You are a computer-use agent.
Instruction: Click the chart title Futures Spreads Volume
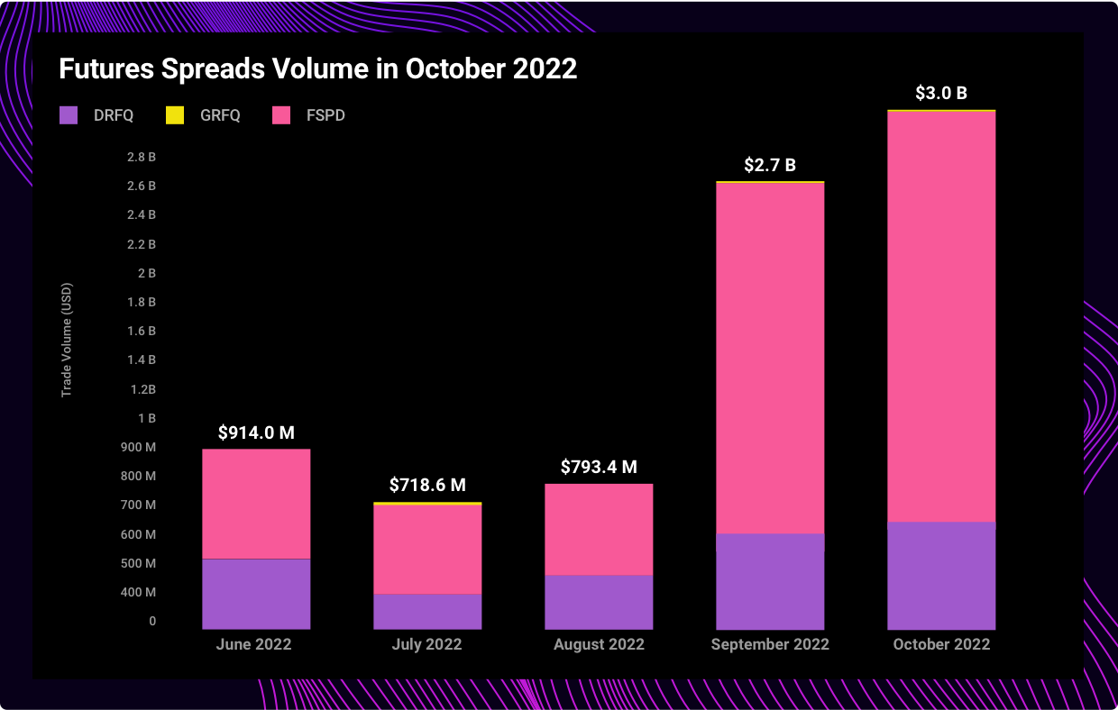click(317, 69)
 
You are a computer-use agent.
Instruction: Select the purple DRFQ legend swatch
click(69, 115)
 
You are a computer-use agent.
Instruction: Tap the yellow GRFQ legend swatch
click(175, 115)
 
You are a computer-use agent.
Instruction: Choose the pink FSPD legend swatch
click(281, 115)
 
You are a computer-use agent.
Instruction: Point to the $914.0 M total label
click(256, 432)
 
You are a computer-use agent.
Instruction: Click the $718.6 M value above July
click(427, 485)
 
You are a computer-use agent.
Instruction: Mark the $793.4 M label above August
click(599, 467)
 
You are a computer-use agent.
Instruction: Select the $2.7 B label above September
click(770, 165)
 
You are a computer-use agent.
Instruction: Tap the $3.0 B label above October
click(941, 93)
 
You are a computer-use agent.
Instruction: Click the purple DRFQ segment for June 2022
click(256, 594)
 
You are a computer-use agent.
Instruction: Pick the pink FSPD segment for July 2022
click(427, 549)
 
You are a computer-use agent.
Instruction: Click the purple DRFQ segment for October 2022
click(941, 576)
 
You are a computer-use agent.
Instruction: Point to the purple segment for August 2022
click(599, 602)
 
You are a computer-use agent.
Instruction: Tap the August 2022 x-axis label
click(599, 644)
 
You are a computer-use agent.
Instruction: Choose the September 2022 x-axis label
click(770, 644)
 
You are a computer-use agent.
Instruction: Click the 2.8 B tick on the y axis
click(142, 157)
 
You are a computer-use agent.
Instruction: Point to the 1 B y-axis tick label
click(147, 418)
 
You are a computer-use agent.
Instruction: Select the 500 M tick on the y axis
click(139, 563)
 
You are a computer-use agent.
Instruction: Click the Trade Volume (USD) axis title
click(67, 340)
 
